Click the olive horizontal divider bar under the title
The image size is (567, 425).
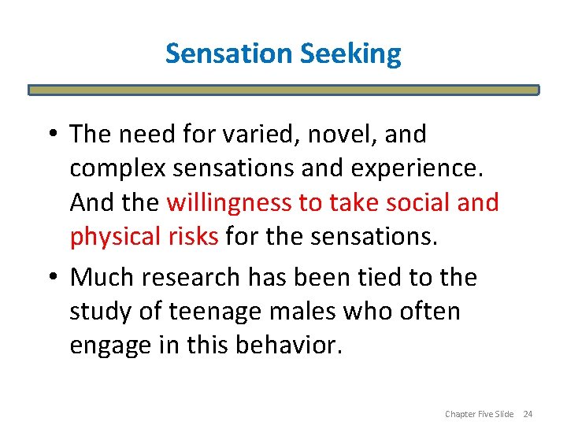pyautogui.click(x=283, y=91)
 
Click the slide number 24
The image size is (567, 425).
pyautogui.click(x=528, y=414)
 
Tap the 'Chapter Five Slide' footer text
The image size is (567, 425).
pyautogui.click(x=479, y=414)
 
